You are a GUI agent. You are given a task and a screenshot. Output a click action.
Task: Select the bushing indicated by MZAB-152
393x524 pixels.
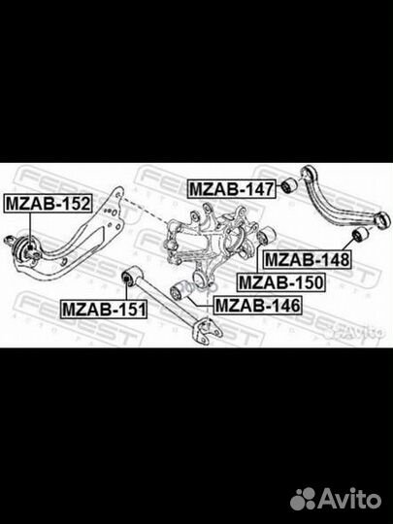[x=25, y=251]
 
